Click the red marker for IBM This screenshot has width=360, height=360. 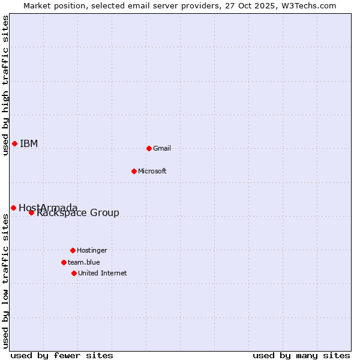pyautogui.click(x=14, y=143)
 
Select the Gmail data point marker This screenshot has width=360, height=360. pyautogui.click(x=149, y=148)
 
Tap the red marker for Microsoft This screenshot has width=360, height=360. pyautogui.click(x=134, y=171)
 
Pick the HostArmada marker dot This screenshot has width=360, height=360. pyautogui.click(x=13, y=208)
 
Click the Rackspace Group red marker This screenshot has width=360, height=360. pyautogui.click(x=31, y=212)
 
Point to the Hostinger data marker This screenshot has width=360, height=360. pyautogui.click(x=73, y=250)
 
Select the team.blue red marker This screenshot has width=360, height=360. pyautogui.click(x=64, y=262)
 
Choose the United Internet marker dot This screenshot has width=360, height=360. pyautogui.click(x=74, y=273)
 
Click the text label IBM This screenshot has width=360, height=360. pyautogui.click(x=29, y=143)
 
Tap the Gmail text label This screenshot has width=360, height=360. pyautogui.click(x=162, y=148)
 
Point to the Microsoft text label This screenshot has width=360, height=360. pyautogui.click(x=152, y=171)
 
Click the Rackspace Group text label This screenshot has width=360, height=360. pyautogui.click(x=78, y=213)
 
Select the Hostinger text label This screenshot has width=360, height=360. pyautogui.click(x=92, y=250)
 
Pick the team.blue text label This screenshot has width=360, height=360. pyautogui.click(x=84, y=262)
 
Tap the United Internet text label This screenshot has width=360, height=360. pyautogui.click(x=103, y=273)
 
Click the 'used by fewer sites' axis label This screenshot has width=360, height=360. pyautogui.click(x=62, y=355)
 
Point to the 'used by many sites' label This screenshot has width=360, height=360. pyautogui.click(x=301, y=355)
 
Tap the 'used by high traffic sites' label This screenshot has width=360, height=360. pyautogui.click(x=5, y=85)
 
